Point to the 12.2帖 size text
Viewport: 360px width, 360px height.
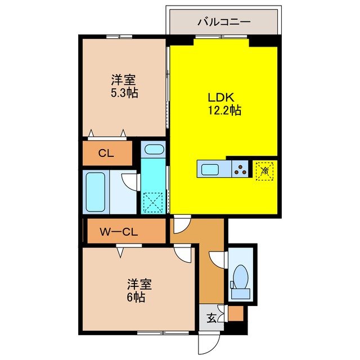pos(224,110)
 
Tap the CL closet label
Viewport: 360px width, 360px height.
pos(107,153)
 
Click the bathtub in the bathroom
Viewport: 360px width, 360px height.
pos(96,191)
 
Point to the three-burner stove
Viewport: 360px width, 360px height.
pos(241,168)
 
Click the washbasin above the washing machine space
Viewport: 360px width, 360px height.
pos(153,150)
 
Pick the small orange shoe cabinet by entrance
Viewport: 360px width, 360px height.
pos(236,314)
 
